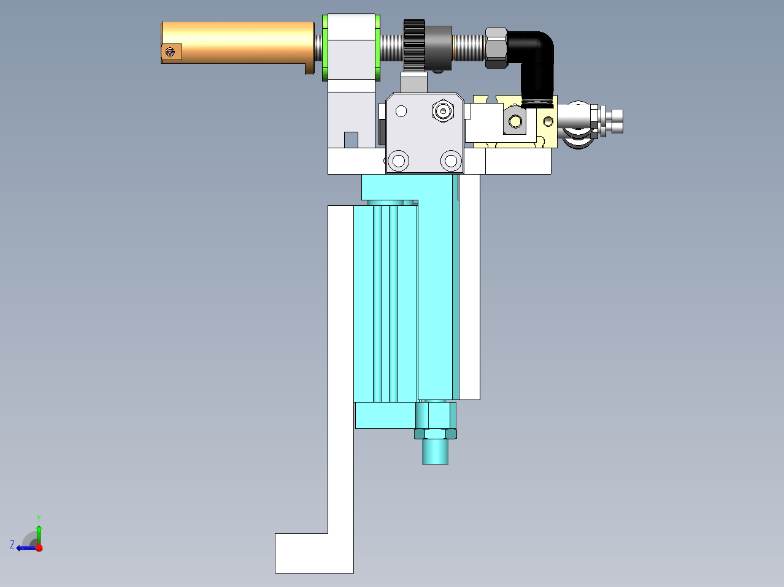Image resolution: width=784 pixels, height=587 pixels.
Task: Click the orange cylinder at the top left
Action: tap(237, 43)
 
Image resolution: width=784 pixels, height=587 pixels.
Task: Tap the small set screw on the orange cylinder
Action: tap(171, 52)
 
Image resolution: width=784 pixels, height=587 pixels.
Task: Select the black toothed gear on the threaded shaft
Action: tap(414, 45)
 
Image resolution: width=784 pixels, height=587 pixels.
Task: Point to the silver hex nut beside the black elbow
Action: tap(496, 48)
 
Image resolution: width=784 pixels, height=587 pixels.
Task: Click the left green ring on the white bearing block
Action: tap(325, 48)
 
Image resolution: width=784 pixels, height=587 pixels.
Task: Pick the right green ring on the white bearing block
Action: tap(377, 48)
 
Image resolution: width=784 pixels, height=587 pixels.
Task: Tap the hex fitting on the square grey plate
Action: tap(443, 111)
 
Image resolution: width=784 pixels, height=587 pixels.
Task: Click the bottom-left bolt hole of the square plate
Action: tap(398, 161)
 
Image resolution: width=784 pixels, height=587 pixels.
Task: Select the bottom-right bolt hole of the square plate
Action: tap(451, 161)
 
